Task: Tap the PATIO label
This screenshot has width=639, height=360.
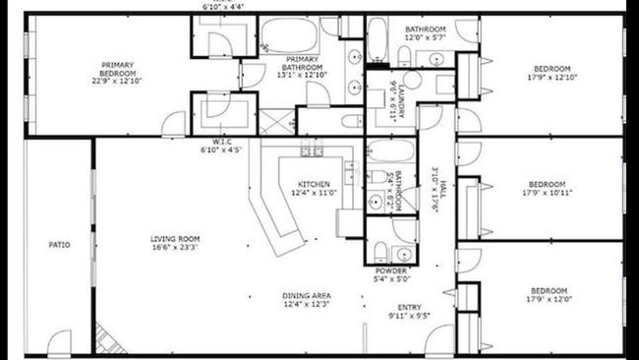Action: [59, 244]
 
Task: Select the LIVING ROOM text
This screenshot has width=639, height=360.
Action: [176, 238]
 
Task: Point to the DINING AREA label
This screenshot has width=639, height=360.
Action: [307, 295]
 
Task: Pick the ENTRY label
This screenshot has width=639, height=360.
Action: [410, 307]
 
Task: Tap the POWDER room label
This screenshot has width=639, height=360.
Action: [392, 270]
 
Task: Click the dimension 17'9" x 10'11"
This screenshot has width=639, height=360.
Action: [547, 192]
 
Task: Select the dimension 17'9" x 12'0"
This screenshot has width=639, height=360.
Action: [548, 299]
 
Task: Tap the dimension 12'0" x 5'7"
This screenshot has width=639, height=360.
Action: [426, 37]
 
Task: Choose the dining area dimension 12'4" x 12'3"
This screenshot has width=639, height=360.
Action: [307, 304]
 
